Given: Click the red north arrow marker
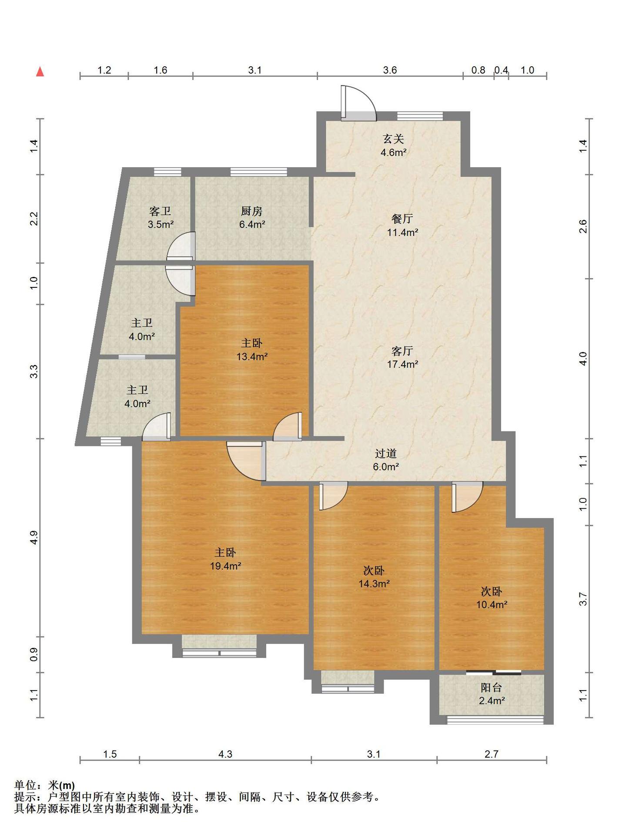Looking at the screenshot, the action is click(x=40, y=71).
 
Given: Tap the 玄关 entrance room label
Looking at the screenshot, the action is click(x=393, y=139).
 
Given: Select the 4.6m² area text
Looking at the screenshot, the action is click(x=393, y=152).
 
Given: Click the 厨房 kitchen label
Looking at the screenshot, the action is click(x=252, y=211).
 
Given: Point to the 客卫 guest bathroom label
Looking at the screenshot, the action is click(x=160, y=211).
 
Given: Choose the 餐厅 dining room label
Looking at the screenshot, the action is click(x=402, y=219).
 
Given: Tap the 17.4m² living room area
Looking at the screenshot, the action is click(x=402, y=364).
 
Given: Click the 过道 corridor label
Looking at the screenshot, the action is click(x=386, y=453).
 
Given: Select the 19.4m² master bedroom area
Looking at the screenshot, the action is click(x=225, y=566).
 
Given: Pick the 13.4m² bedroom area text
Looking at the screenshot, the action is click(x=252, y=357).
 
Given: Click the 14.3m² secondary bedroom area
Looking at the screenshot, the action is click(x=374, y=584).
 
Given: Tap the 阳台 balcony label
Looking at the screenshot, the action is click(x=492, y=688).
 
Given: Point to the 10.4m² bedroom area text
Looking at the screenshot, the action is click(x=492, y=605).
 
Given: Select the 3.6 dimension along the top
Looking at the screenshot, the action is click(x=390, y=70).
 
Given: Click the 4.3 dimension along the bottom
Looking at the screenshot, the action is click(x=225, y=754).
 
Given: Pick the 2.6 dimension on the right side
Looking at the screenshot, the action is click(x=583, y=226).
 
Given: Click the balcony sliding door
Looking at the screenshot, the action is click(x=493, y=672).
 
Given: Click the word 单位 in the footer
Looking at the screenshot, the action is click(x=25, y=785).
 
